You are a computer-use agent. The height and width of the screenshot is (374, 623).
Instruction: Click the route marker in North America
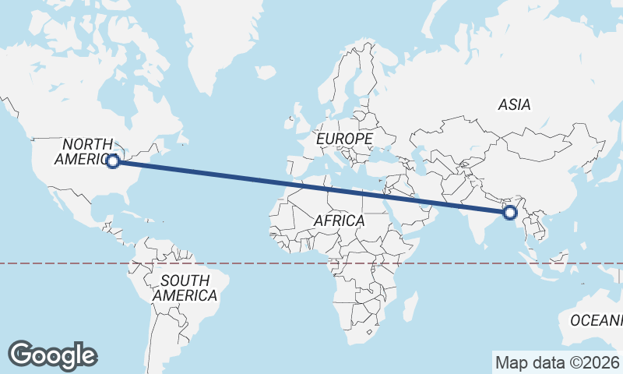click(113, 161)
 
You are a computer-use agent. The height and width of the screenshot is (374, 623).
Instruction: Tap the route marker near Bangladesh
click(511, 212)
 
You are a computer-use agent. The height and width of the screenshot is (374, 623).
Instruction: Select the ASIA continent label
click(514, 104)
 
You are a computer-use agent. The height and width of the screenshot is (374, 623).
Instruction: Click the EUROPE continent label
click(345, 139)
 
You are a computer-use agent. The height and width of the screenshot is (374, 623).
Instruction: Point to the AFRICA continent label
click(339, 221)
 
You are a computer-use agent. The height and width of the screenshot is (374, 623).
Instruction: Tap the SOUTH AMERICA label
click(185, 288)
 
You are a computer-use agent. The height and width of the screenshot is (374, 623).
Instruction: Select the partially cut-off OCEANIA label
click(597, 319)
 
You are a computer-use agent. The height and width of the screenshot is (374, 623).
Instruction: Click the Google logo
click(52, 355)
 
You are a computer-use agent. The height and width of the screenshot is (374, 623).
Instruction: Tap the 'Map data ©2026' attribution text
click(557, 362)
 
